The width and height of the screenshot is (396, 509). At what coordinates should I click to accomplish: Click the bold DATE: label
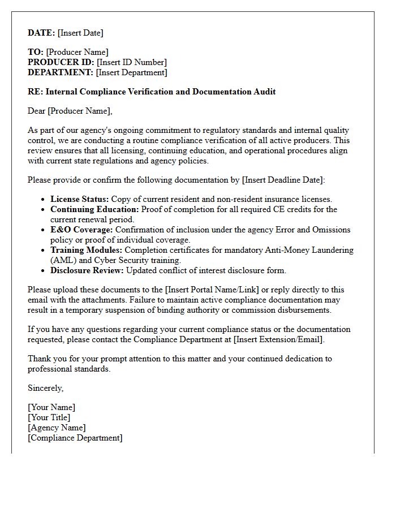[41, 33]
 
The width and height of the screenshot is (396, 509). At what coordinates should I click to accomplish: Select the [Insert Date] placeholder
[80, 33]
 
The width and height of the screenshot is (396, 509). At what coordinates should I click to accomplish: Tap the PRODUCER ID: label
[61, 62]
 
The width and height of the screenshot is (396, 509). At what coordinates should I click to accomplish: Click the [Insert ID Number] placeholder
[132, 62]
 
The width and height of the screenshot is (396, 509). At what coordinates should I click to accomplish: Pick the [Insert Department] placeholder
[132, 72]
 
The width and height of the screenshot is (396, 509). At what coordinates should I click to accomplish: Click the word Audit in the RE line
[265, 92]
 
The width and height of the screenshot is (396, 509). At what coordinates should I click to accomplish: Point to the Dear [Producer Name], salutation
[70, 111]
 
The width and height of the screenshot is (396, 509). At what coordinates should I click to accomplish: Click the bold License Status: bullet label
[80, 199]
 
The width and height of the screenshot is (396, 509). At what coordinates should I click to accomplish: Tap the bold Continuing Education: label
[94, 209]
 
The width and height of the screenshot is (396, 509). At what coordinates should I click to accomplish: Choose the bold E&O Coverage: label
[81, 230]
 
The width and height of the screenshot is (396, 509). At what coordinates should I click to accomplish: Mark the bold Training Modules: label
[87, 250]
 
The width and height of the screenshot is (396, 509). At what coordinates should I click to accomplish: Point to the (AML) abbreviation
[62, 260]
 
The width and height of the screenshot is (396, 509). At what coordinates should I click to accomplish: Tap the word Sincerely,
[46, 388]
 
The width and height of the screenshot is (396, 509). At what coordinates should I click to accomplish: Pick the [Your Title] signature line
[49, 417]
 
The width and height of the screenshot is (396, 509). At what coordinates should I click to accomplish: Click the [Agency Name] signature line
[57, 428]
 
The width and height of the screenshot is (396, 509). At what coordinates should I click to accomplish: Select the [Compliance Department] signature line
[75, 438]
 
